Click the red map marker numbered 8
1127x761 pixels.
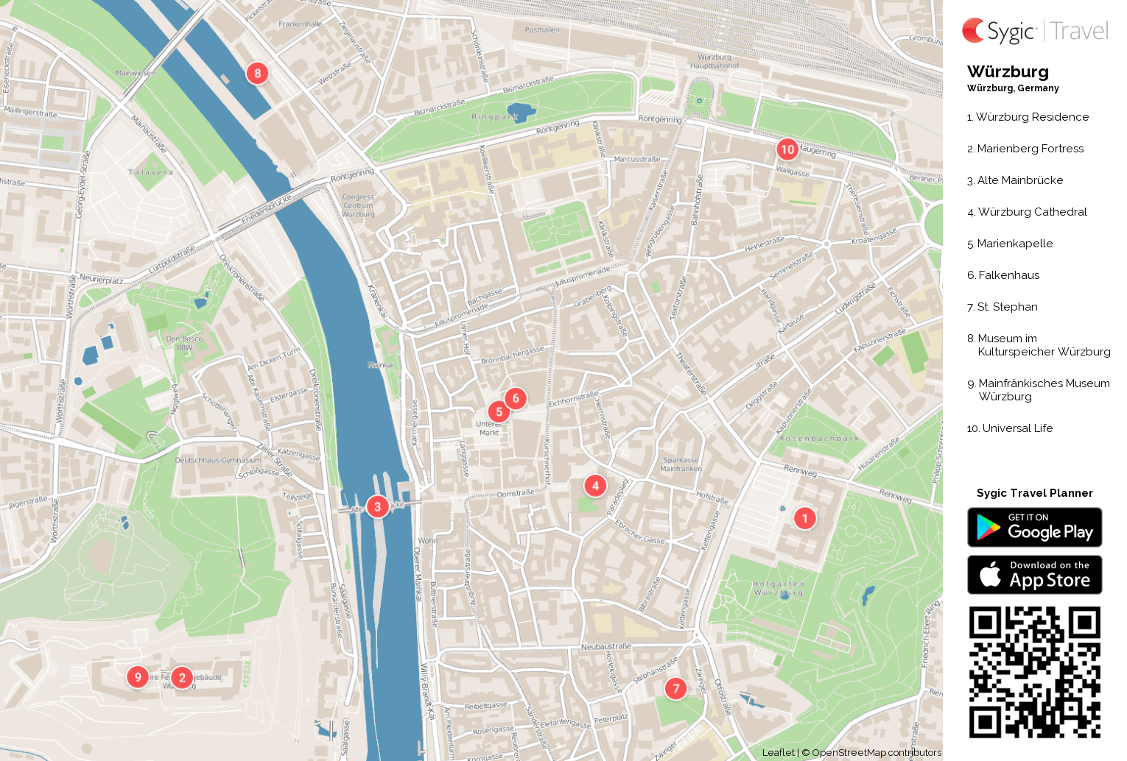[x=257, y=73]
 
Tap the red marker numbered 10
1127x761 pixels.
[x=787, y=149]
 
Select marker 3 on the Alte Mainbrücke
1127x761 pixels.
[x=377, y=506]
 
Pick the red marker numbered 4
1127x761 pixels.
[x=595, y=485]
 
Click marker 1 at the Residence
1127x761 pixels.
[x=804, y=518]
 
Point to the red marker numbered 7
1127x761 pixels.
[x=675, y=688]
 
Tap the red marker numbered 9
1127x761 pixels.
[x=138, y=676]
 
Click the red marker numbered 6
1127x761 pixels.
[x=516, y=398]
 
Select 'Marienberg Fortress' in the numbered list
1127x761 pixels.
[x=1030, y=149]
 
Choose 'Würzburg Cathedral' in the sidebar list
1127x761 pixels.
[x=1031, y=212]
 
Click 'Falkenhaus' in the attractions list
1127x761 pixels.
[x=1008, y=275]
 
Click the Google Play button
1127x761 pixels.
[x=1034, y=527]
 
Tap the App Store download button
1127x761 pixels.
[x=1034, y=574]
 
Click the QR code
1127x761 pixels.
[x=1034, y=672]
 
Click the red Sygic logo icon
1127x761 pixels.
[x=973, y=30]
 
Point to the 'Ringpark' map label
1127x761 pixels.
[x=494, y=117]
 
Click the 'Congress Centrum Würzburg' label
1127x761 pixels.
[x=359, y=205]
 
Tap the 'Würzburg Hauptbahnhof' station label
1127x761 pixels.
[x=715, y=61]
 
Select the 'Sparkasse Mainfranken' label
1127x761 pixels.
[x=681, y=464]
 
